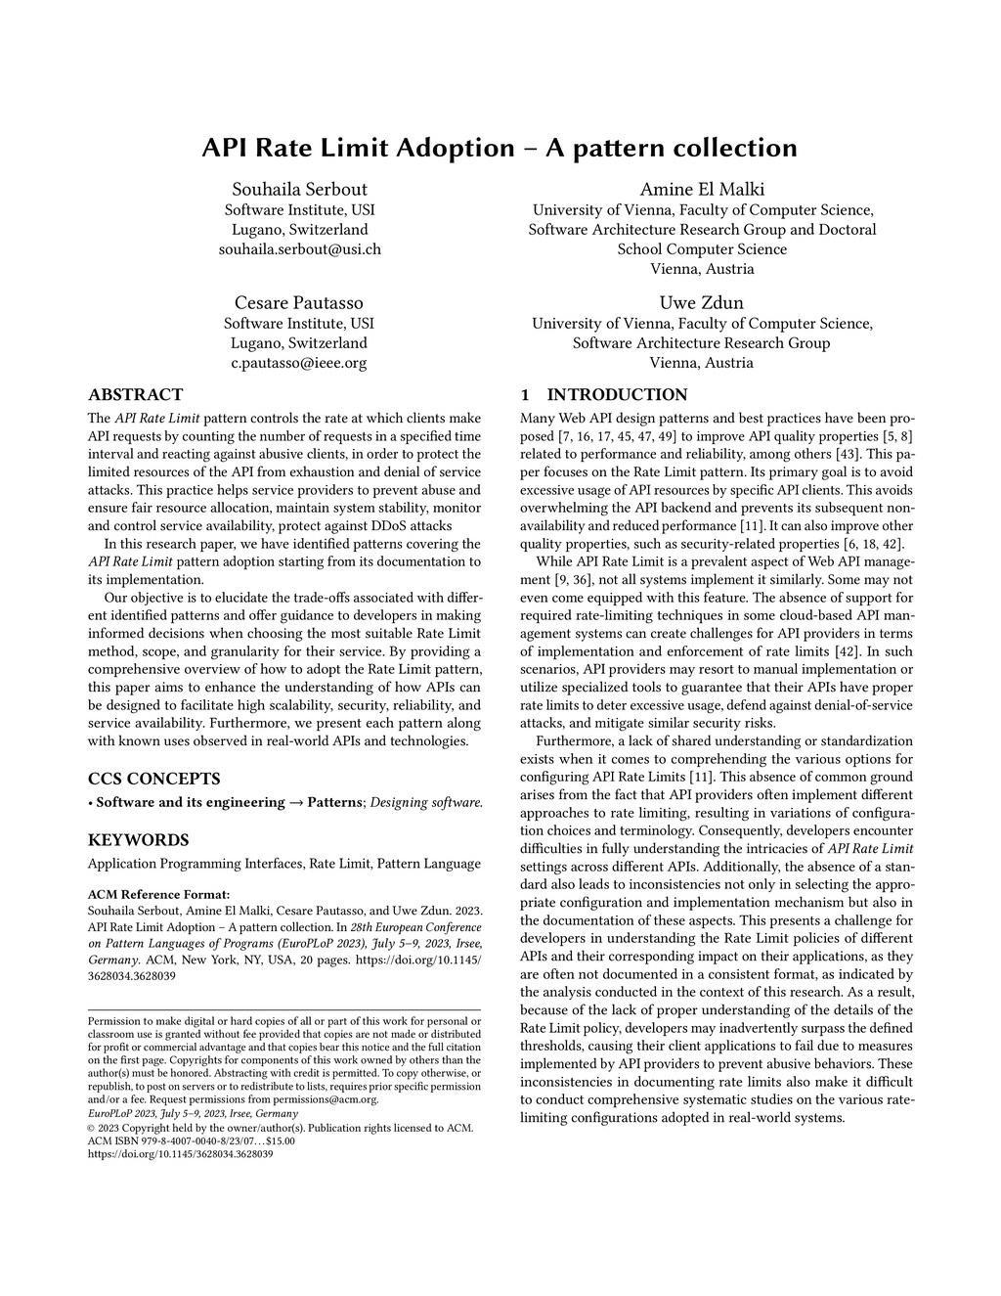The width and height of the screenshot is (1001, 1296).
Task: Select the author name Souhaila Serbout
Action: coord(299,189)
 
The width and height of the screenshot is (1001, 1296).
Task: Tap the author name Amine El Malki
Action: coord(702,189)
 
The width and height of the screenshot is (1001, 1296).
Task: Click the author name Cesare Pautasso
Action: coord(299,302)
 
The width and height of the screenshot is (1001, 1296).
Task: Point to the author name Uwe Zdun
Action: coord(702,302)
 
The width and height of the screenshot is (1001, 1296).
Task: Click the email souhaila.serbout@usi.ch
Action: coord(299,249)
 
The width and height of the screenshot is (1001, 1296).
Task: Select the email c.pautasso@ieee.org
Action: coord(299,363)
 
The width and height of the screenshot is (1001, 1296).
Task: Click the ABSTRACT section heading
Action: coord(135,395)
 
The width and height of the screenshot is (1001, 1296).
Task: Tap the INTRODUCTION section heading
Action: coord(616,395)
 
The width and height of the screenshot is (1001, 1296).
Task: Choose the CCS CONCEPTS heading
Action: coord(153,779)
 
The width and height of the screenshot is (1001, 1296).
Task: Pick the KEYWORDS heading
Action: coord(138,840)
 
